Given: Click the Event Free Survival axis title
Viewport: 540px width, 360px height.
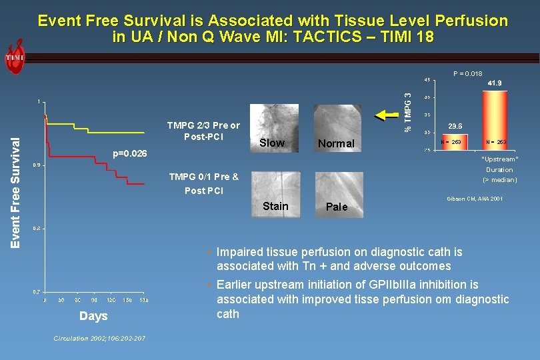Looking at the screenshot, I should click(x=15, y=190).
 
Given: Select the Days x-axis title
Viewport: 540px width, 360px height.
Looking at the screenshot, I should click(x=93, y=315).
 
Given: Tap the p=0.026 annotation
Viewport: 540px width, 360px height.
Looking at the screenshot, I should click(x=131, y=154).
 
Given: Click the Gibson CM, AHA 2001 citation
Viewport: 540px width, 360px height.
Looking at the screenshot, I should click(x=474, y=199).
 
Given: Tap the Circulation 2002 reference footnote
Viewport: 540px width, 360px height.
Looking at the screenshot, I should click(x=99, y=339).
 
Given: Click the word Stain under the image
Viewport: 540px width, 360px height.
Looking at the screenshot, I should click(x=275, y=206).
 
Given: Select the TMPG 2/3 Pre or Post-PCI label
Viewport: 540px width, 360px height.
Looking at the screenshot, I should click(x=204, y=131).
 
